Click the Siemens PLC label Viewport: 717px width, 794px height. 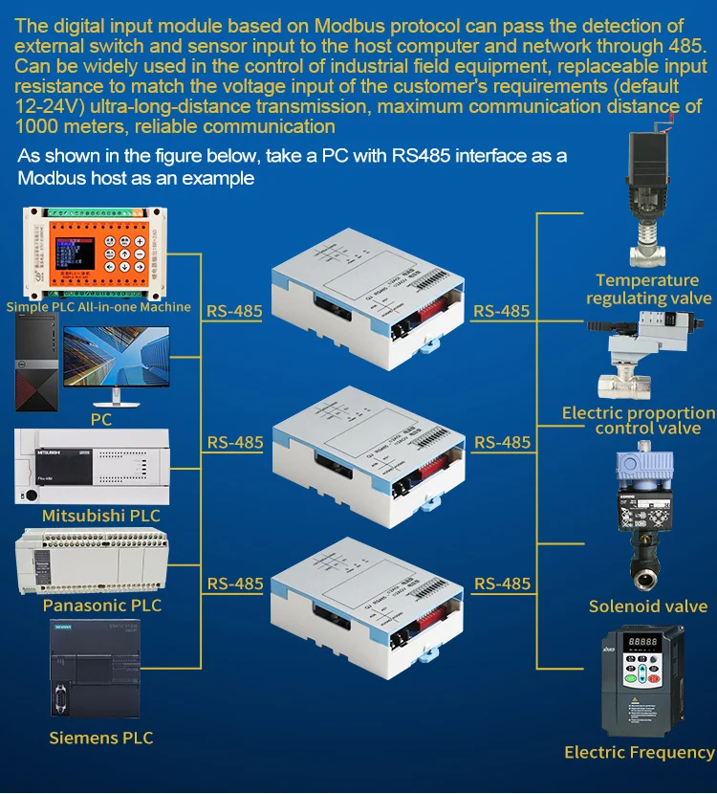[100, 738]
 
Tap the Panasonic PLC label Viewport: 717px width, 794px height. [102, 606]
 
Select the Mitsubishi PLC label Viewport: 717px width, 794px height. [100, 516]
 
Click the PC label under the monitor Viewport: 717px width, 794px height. [101, 419]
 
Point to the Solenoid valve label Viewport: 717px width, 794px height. [647, 607]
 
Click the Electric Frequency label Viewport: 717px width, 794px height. [639, 753]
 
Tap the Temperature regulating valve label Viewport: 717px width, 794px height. [648, 289]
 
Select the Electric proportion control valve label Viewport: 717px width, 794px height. [639, 421]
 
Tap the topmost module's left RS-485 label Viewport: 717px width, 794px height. [234, 310]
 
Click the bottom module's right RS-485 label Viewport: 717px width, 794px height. [502, 584]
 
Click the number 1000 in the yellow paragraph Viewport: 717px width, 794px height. [36, 126]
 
